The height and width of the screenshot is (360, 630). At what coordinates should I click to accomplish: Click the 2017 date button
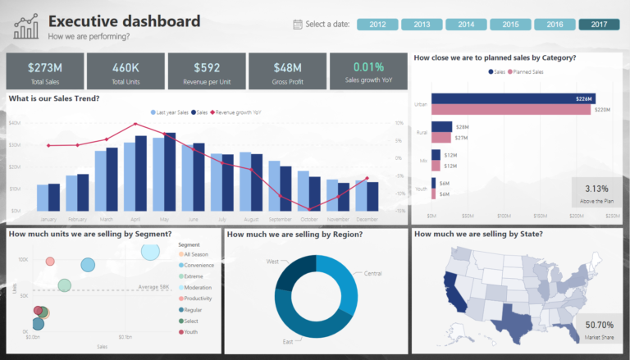[599, 25]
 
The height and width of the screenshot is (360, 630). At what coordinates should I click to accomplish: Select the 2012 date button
[378, 25]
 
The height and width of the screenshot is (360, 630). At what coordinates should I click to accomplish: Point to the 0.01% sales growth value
[368, 67]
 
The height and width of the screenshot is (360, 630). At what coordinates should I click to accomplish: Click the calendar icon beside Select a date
[297, 25]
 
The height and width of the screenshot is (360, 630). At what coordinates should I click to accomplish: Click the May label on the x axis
[164, 220]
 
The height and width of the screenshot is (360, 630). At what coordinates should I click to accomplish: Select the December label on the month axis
[367, 220]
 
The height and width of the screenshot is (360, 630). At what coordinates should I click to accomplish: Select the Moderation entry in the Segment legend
[198, 287]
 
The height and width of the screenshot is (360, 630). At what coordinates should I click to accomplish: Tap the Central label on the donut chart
[372, 272]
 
